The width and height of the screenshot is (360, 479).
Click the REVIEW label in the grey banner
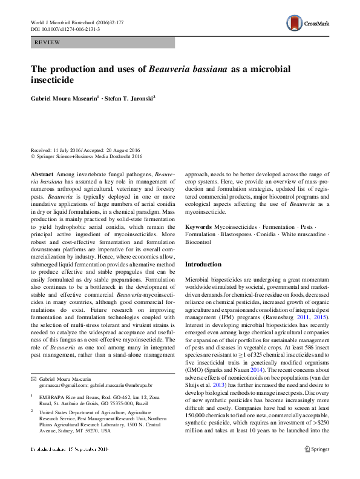click(47, 43)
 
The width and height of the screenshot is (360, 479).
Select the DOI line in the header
click(65, 29)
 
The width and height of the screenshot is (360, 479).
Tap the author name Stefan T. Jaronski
click(128, 96)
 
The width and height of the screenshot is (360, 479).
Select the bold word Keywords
click(198, 225)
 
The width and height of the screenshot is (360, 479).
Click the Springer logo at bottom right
click(316, 466)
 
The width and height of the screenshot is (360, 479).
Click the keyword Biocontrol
click(199, 241)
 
